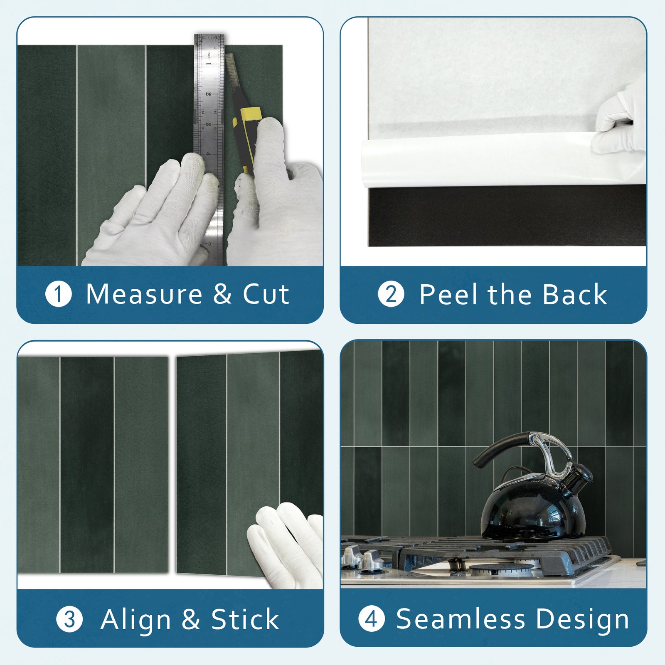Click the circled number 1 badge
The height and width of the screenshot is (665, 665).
59,294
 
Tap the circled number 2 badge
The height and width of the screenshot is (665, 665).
391,294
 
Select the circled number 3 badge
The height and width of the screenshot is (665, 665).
69,620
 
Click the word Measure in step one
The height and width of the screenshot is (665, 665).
144,294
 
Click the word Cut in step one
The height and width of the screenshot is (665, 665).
266,294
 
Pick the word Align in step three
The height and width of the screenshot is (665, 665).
135,620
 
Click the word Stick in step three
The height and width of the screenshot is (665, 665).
245,620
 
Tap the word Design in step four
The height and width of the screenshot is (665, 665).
582,620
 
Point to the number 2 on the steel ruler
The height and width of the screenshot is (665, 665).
209,94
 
